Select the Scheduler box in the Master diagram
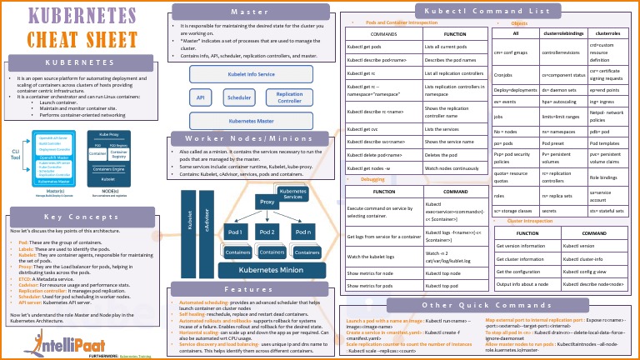pos(239,97)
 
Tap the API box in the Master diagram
pos(200,97)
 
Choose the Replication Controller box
pos(289,97)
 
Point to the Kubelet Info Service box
pos(251,74)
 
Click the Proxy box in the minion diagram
pos(267,202)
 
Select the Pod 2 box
pos(267,231)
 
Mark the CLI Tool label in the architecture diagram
pos(15,149)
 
